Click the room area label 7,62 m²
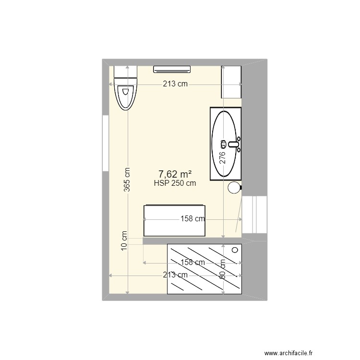175,174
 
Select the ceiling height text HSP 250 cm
175,183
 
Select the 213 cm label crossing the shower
175,275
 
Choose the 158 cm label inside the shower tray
192,263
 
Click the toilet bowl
126,96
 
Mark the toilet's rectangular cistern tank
126,73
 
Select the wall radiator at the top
172,70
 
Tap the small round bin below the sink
234,188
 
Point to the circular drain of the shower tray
235,250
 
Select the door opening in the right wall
254,214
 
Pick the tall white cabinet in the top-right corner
231,82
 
